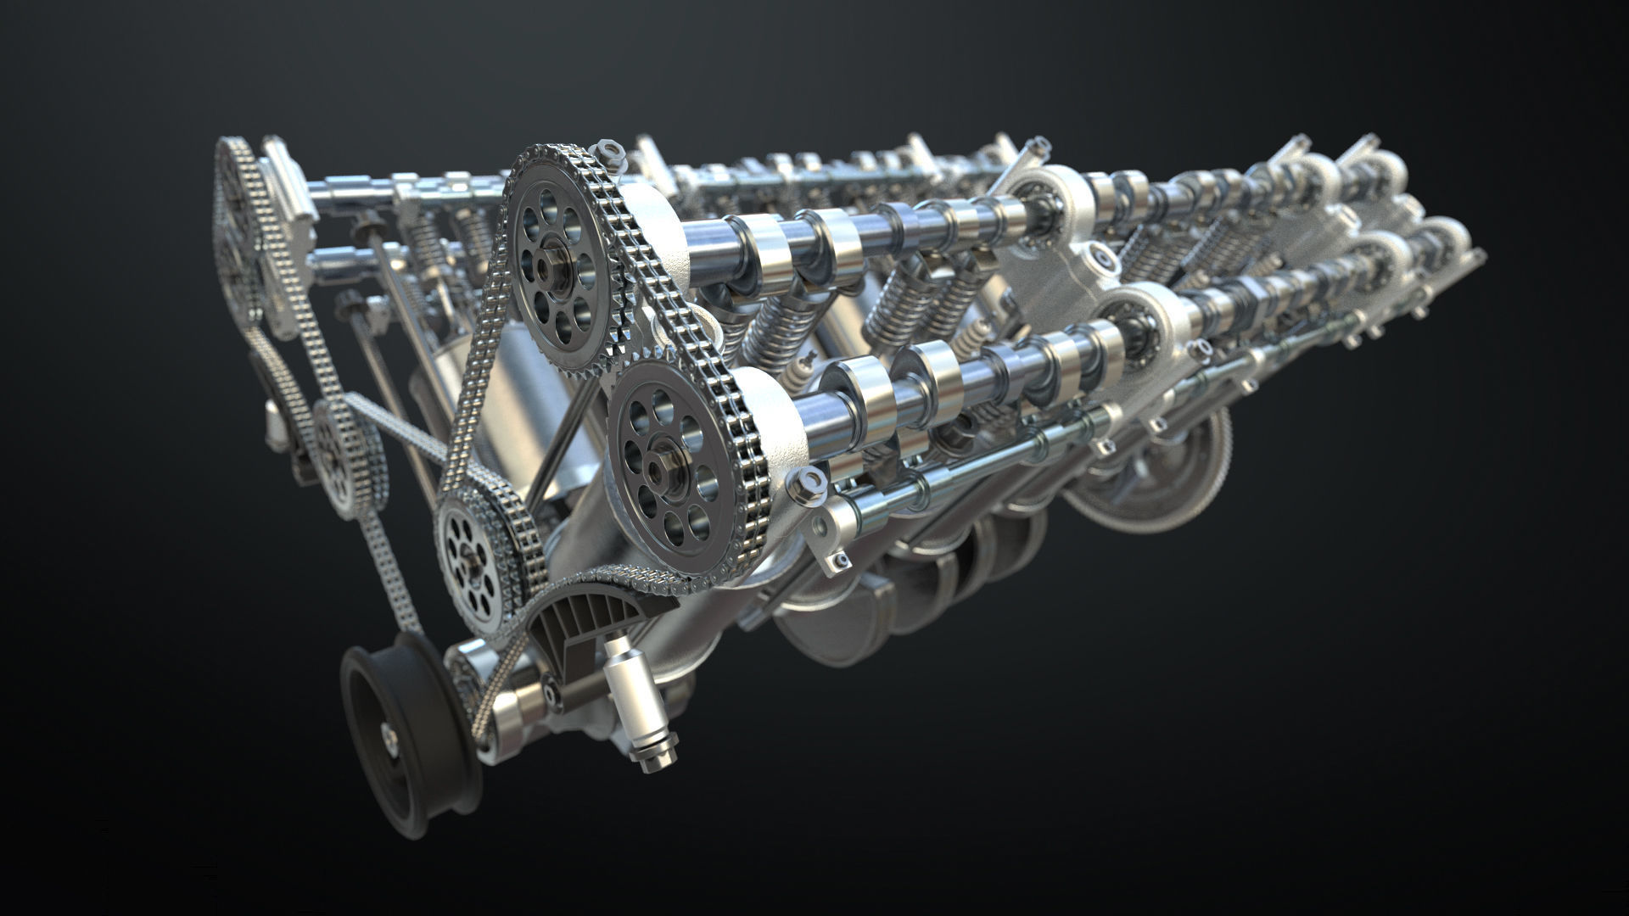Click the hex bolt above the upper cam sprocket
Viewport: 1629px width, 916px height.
point(607,153)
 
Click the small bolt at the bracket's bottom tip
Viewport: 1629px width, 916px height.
point(840,560)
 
